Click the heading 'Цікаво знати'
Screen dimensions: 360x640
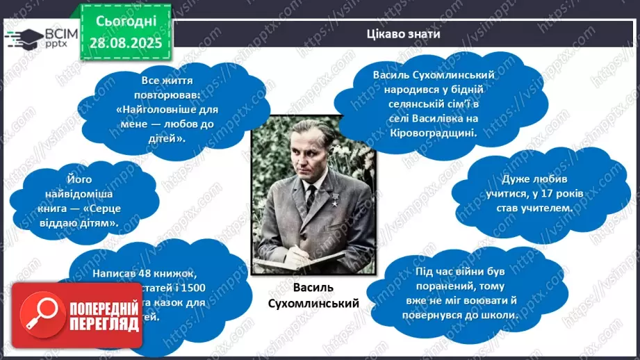[x=403, y=34]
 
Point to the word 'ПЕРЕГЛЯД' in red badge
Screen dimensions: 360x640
[x=104, y=322]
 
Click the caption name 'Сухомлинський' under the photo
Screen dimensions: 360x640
[x=313, y=304]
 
